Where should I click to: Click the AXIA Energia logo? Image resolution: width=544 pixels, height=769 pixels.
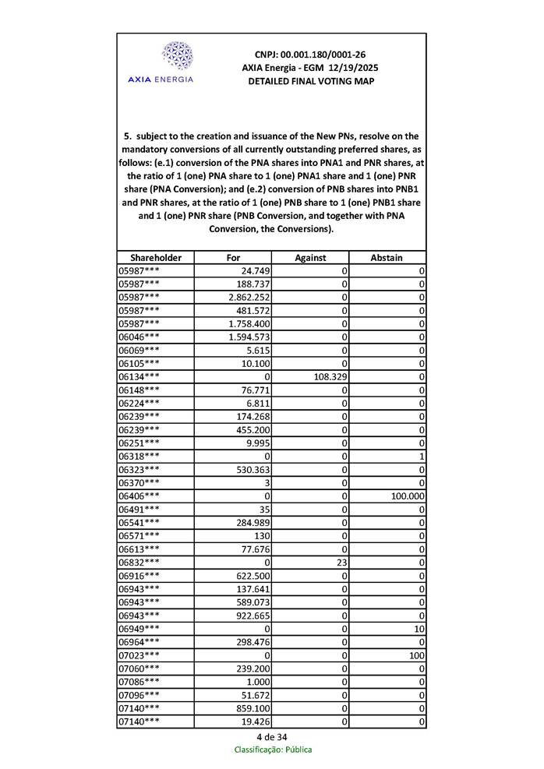click(x=176, y=63)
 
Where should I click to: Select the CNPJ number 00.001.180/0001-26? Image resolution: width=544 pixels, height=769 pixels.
click(x=310, y=55)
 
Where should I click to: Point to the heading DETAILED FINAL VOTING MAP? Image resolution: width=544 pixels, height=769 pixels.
click(x=310, y=81)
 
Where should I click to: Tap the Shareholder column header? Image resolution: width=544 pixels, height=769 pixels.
click(x=156, y=257)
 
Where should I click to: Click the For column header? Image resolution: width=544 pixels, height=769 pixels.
click(x=233, y=257)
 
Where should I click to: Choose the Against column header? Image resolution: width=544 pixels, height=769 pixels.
click(x=309, y=257)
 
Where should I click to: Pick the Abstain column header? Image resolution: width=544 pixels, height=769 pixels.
click(x=387, y=257)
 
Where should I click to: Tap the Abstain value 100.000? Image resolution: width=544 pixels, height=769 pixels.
click(x=406, y=496)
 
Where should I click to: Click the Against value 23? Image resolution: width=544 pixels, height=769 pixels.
click(x=340, y=562)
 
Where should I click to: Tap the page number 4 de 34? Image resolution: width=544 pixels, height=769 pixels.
click(x=271, y=736)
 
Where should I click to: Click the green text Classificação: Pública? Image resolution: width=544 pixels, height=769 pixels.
click(x=272, y=750)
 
